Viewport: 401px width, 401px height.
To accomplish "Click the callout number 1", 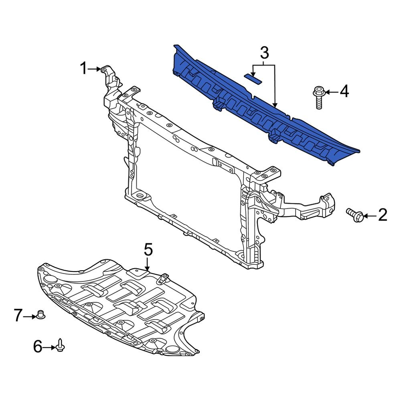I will (x=83, y=69).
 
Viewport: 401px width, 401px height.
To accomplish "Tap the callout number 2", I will (x=383, y=216).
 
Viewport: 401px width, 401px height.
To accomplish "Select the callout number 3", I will (x=264, y=53).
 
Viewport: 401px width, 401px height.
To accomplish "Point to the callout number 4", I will (x=344, y=92).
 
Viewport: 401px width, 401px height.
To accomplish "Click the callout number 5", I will (x=148, y=250).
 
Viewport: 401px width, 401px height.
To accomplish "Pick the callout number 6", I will (x=37, y=346).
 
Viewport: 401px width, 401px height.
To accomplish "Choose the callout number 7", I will (x=18, y=316).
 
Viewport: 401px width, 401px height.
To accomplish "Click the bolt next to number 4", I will (x=318, y=97).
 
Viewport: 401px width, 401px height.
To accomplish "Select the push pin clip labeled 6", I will (x=61, y=345).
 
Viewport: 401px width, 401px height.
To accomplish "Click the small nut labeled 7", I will (x=40, y=314).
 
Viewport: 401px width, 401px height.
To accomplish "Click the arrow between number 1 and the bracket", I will (x=95, y=69).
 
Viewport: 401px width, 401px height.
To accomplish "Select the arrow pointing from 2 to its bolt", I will (x=370, y=217).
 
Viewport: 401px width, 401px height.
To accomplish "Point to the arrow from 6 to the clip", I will (x=49, y=347).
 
